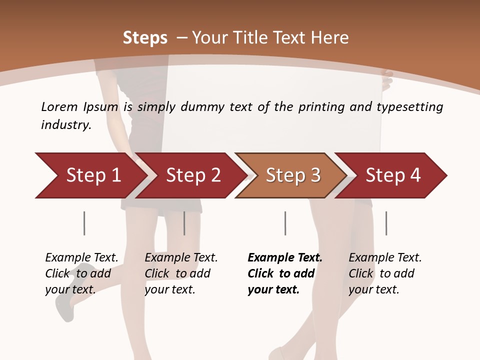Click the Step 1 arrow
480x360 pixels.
pyautogui.click(x=90, y=175)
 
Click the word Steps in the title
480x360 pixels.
pyautogui.click(x=145, y=38)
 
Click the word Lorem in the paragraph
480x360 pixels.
pyautogui.click(x=59, y=106)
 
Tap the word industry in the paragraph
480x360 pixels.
pyautogui.click(x=66, y=125)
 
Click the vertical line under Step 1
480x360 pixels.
pyautogui.click(x=84, y=223)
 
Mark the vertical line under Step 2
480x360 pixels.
pyautogui.click(x=184, y=223)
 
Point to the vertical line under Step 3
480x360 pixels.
pyautogui.click(x=285, y=223)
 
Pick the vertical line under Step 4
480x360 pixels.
pyautogui.click(x=386, y=223)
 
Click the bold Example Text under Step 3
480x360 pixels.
pyautogui.click(x=285, y=258)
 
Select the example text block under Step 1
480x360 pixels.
pyautogui.click(x=81, y=273)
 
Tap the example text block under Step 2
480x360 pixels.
pyautogui.click(x=181, y=273)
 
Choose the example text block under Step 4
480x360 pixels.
pyautogui.click(x=385, y=273)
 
